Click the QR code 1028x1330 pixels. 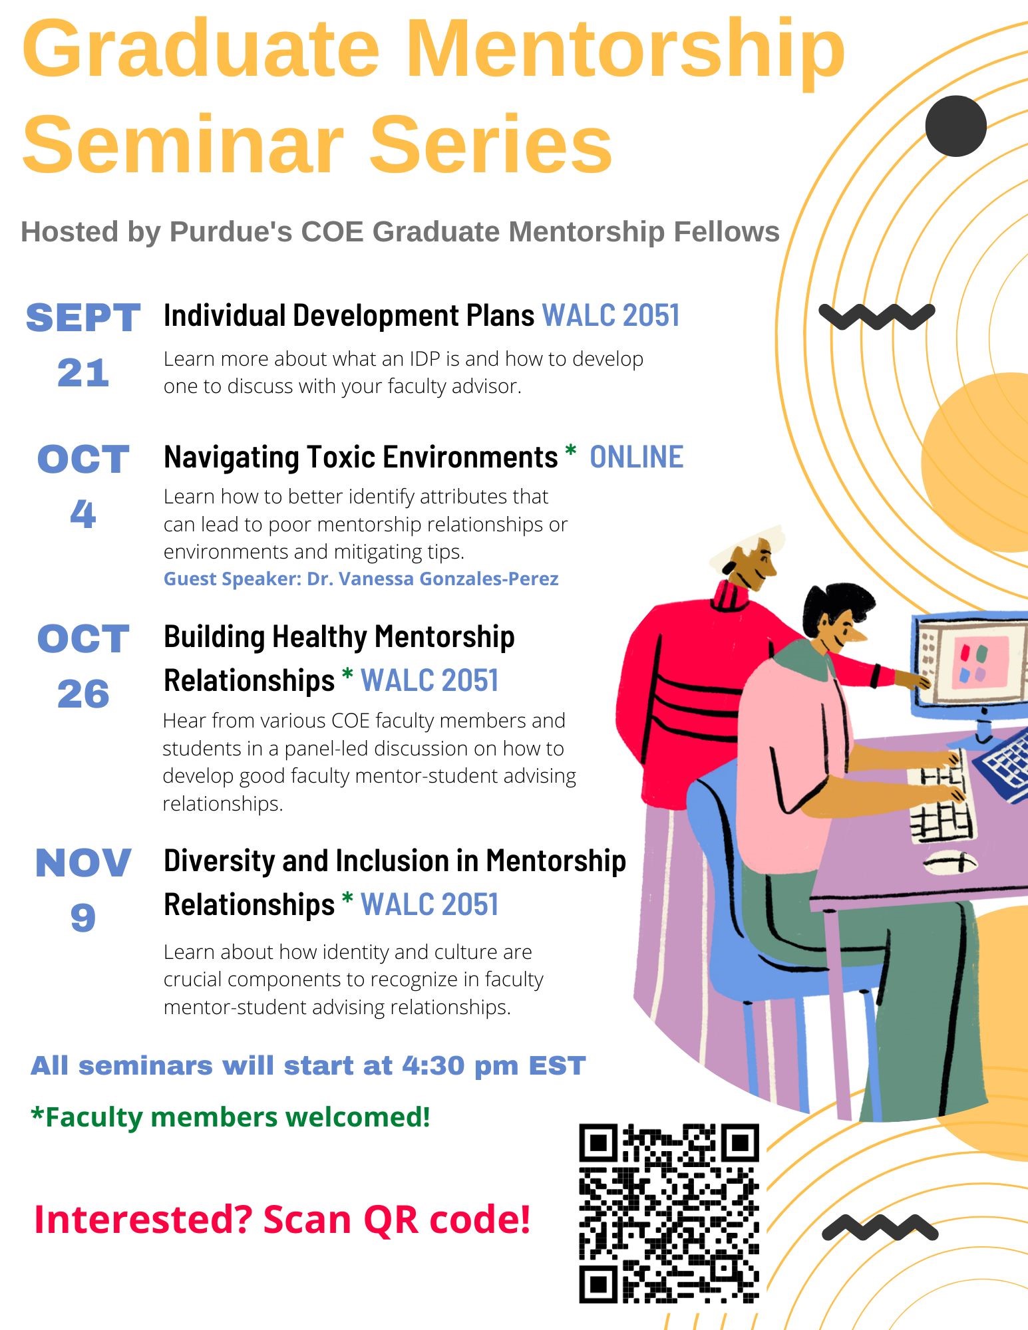[669, 1213]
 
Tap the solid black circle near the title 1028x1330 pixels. [955, 126]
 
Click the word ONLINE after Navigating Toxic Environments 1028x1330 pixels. [636, 458]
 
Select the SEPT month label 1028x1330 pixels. [83, 318]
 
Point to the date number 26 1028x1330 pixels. [83, 694]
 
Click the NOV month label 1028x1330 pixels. [83, 863]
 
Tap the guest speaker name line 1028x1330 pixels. [361, 579]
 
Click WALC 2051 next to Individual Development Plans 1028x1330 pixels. [611, 315]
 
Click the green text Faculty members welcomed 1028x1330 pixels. [230, 1117]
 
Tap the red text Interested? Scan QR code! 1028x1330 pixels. [282, 1219]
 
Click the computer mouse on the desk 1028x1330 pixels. [949, 862]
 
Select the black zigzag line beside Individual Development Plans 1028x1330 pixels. [876, 316]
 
